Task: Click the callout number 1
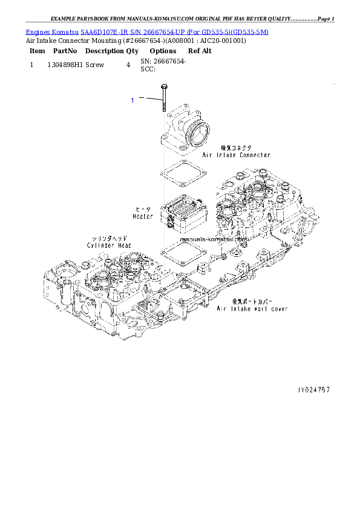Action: [x=133, y=100]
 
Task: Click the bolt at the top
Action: [x=163, y=99]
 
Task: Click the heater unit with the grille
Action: [x=184, y=215]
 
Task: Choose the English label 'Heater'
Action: [x=143, y=216]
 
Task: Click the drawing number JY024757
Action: [x=313, y=390]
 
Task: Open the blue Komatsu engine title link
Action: [x=147, y=31]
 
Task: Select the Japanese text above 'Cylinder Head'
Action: [x=110, y=238]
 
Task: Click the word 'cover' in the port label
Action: [x=277, y=309]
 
